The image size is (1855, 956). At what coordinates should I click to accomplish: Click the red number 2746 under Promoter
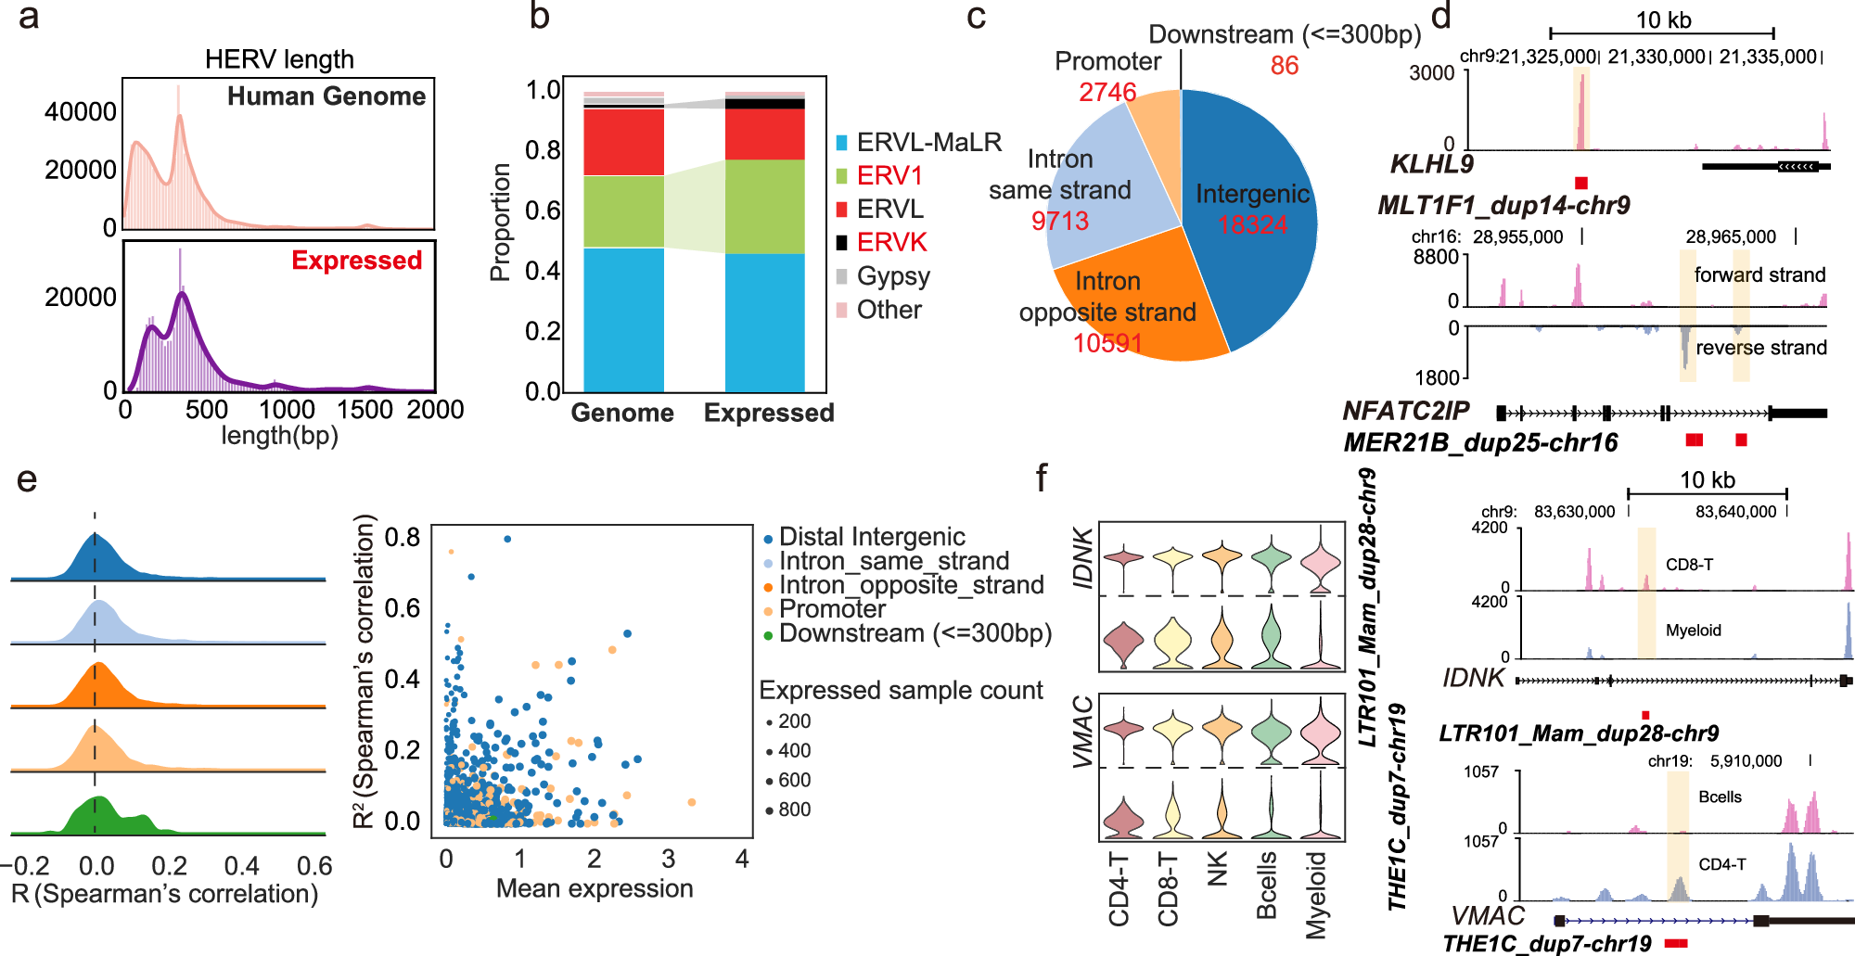[1107, 92]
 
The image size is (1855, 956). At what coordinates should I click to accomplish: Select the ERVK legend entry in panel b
[890, 243]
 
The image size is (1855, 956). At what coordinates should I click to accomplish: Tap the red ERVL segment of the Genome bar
[623, 142]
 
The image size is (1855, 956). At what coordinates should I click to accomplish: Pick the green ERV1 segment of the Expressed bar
[764, 206]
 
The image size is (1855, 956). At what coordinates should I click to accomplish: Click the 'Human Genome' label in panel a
[326, 96]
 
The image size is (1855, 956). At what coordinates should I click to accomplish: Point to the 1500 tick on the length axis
[365, 410]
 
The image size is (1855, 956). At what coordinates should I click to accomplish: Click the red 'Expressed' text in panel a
[356, 261]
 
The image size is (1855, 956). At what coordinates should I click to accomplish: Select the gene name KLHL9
[1431, 165]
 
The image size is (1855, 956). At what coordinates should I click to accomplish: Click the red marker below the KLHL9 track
[1580, 183]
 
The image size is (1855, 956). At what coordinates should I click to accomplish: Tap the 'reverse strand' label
[1760, 348]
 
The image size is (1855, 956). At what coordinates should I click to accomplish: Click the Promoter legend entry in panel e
[831, 609]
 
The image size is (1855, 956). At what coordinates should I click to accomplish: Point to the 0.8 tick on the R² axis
[402, 538]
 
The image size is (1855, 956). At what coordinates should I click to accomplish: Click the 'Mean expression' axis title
[595, 888]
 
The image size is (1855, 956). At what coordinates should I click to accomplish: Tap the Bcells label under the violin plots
[1267, 886]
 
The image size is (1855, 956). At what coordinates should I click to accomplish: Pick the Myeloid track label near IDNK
[1693, 631]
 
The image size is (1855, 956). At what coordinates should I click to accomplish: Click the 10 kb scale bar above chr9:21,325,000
[1662, 32]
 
